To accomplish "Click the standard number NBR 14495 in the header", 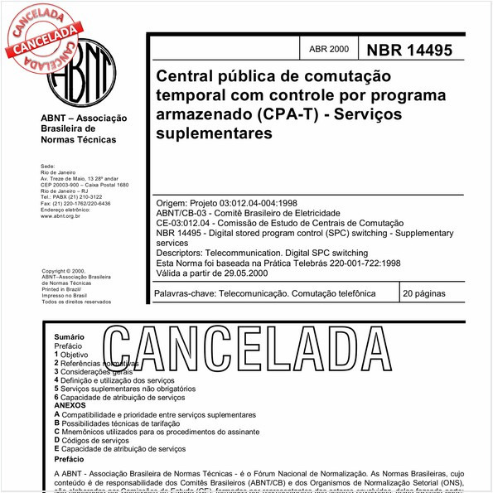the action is click(410, 50).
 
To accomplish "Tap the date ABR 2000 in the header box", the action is click(328, 50).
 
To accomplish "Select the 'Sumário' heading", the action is click(69, 338).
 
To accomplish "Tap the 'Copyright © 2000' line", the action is click(63, 271).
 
